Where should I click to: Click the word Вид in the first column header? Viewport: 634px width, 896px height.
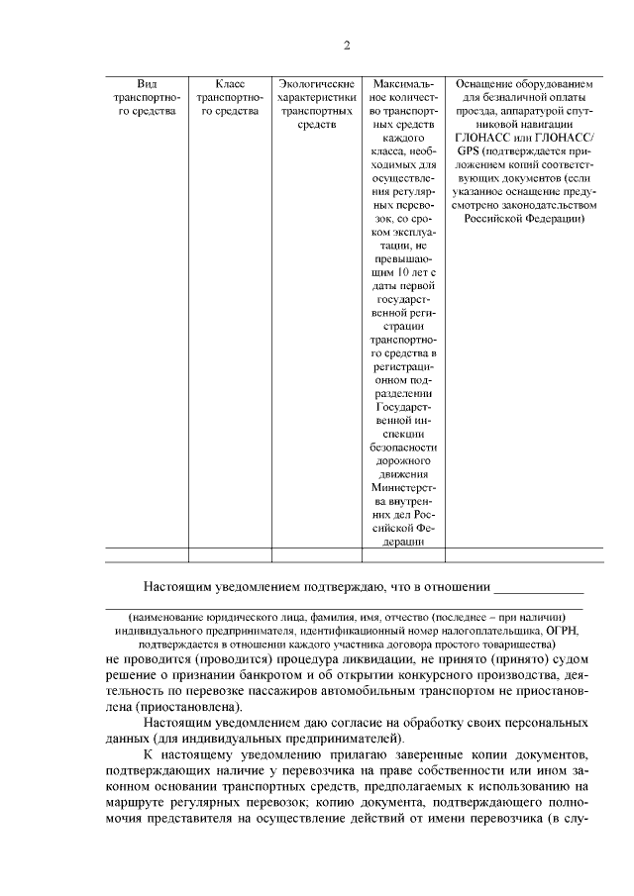pos(147,84)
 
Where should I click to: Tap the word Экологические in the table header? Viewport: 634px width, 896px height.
pos(317,84)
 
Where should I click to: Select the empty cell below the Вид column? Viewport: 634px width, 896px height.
pos(147,554)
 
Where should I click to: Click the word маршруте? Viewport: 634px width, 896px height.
pos(135,808)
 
